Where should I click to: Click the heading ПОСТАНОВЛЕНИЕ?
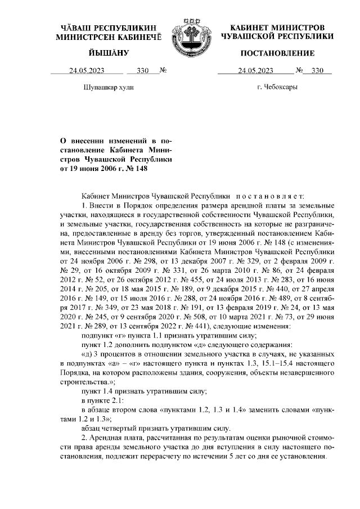click(x=277, y=53)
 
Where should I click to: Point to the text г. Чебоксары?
click(x=277, y=87)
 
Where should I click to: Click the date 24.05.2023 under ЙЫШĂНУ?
click(x=87, y=71)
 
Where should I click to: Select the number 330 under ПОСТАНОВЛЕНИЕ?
click(x=318, y=71)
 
